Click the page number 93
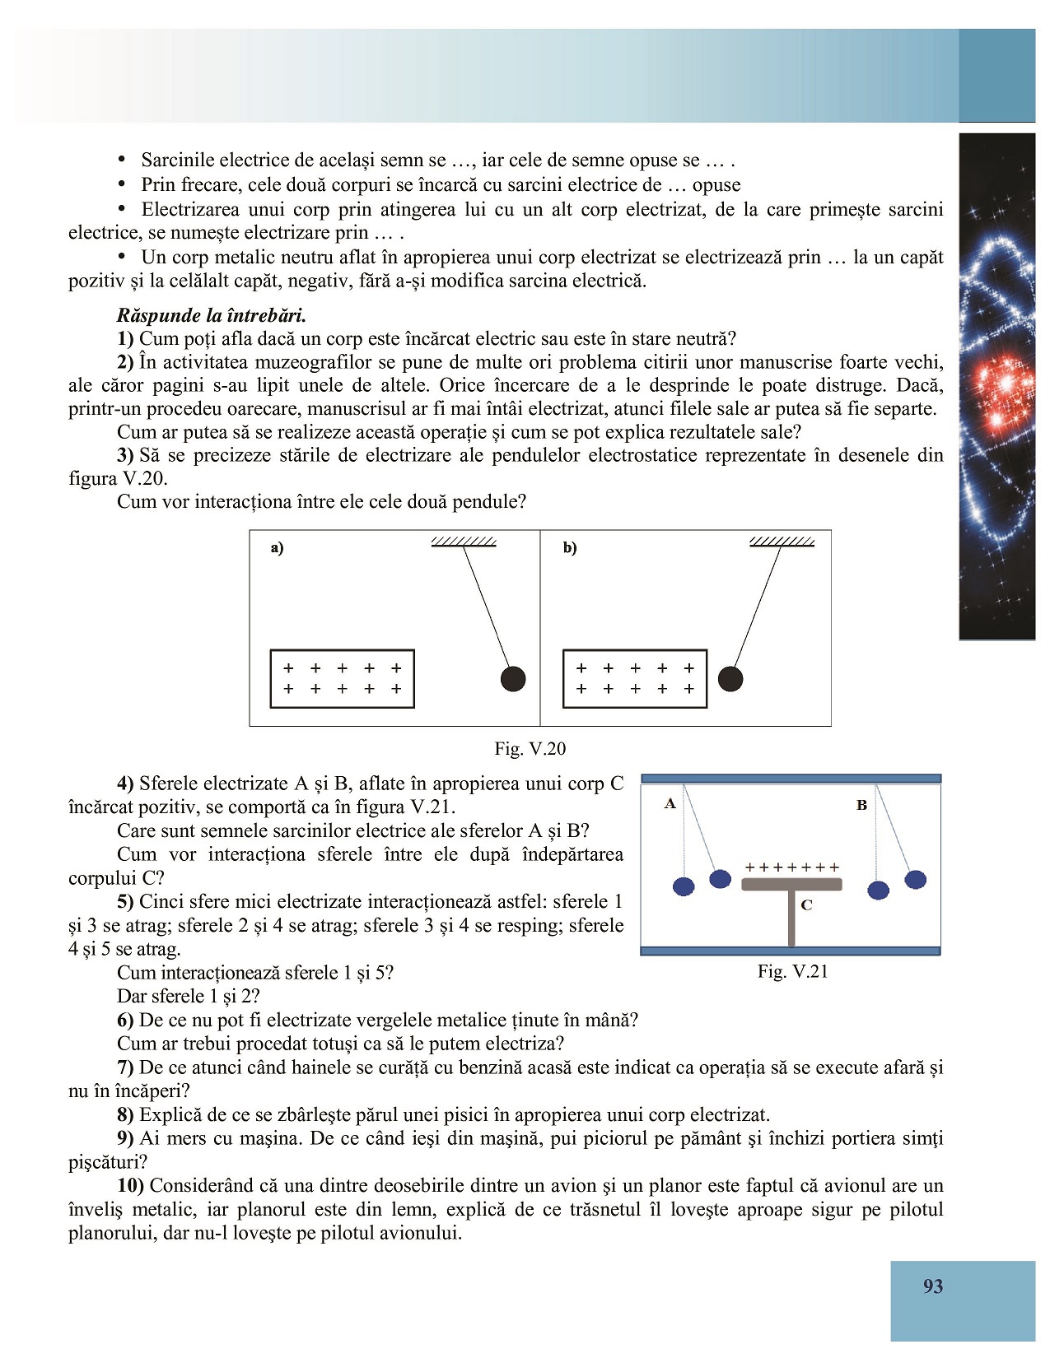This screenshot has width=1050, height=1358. pyautogui.click(x=932, y=1286)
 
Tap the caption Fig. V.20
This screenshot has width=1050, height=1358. pyautogui.click(x=530, y=748)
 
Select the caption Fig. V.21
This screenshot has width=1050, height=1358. pyautogui.click(x=792, y=971)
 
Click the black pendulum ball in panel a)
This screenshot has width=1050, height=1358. pyautogui.click(x=513, y=679)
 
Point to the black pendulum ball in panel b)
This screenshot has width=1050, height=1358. pyautogui.click(x=730, y=679)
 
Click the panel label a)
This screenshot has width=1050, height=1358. pyautogui.click(x=277, y=548)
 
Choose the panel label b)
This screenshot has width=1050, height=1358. pyautogui.click(x=570, y=548)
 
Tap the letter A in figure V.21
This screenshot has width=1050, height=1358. pyautogui.click(x=670, y=803)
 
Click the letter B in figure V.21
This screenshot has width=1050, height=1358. pyautogui.click(x=861, y=805)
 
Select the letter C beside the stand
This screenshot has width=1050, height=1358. pyautogui.click(x=806, y=905)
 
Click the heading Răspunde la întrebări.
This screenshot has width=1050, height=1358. pyautogui.click(x=211, y=315)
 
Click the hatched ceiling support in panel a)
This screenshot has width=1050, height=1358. pyautogui.click(x=464, y=542)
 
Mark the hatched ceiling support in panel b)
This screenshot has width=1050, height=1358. pyautogui.click(x=782, y=542)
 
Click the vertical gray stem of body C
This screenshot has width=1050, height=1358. pyautogui.click(x=791, y=918)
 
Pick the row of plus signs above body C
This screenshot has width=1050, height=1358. pyautogui.click(x=791, y=867)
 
